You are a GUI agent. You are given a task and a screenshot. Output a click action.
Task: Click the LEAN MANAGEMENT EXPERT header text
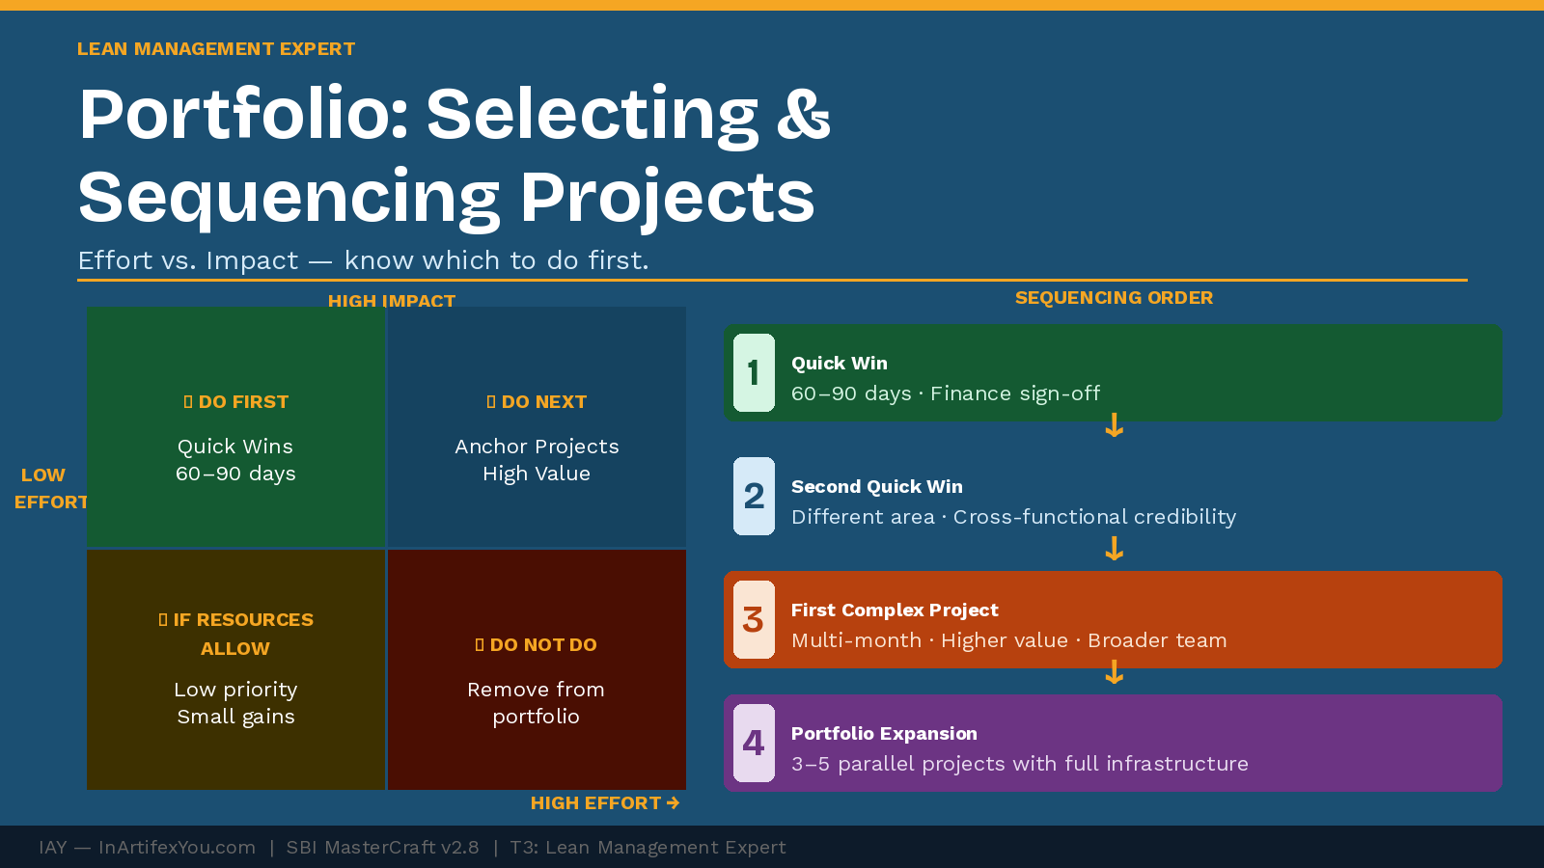tap(216, 49)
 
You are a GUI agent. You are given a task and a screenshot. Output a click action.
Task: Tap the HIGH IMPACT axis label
tap(391, 300)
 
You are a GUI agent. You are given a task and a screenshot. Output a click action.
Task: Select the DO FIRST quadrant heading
tap(236, 402)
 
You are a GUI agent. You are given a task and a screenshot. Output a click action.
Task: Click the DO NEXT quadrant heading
tap(537, 402)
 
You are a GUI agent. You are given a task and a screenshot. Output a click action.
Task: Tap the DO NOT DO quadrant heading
tap(537, 645)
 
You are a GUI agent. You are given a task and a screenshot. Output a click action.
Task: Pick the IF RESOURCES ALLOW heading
tap(236, 634)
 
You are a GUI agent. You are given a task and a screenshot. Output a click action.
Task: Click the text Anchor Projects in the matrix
tap(537, 447)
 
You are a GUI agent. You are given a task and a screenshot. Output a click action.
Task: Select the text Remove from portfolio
tap(537, 703)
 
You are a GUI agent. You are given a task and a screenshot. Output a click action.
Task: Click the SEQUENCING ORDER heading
tap(1114, 298)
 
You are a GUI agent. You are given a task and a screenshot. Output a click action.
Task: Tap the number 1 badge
tap(754, 373)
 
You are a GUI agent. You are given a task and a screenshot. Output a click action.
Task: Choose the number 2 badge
tap(754, 497)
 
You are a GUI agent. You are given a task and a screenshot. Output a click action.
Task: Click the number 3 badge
tap(754, 620)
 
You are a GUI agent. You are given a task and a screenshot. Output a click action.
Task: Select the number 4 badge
tap(754, 744)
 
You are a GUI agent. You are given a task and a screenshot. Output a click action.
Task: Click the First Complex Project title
tap(895, 610)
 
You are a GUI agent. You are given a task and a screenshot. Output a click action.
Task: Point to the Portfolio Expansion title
tap(884, 734)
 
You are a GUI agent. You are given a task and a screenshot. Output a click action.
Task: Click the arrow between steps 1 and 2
tap(1114, 425)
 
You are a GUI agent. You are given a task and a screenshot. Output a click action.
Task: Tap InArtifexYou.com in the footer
tap(177, 848)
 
